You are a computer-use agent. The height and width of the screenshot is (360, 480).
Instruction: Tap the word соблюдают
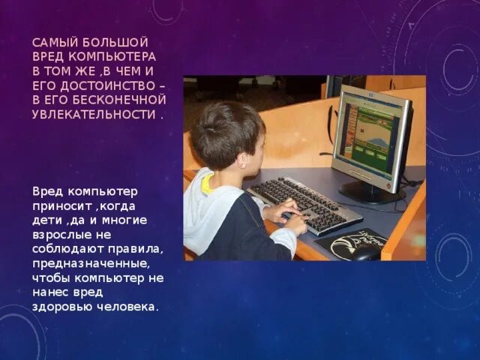pyautogui.click(x=67, y=249)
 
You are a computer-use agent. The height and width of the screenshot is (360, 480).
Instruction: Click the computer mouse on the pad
pyautogui.click(x=365, y=252)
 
